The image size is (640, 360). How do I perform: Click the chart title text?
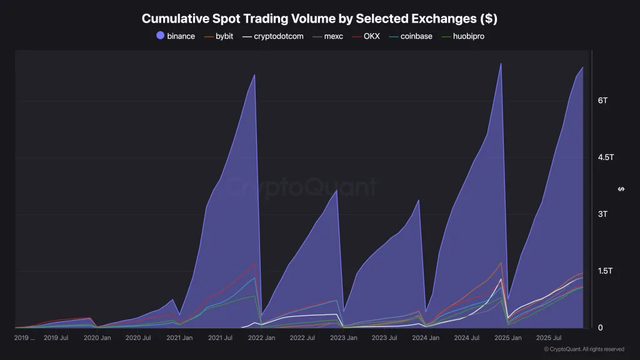coord(319,19)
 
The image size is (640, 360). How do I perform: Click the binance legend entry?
coord(176,36)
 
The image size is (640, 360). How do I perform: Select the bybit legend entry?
coord(219,36)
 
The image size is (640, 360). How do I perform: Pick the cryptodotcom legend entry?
coord(273,36)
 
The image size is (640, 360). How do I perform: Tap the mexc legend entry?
coord(327,36)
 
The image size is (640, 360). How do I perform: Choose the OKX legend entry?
coord(366,36)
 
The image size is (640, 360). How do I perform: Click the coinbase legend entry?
coord(411,36)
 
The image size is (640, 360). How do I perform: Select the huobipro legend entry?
coord(463,36)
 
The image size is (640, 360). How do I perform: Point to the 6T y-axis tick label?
coord(603,101)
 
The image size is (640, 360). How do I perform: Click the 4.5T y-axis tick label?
coord(606,157)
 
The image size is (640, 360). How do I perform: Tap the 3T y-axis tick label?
coord(603,214)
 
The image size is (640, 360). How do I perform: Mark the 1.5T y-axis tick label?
coord(605,271)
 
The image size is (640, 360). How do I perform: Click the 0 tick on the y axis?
coord(601,327)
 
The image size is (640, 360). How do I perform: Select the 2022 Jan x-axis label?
coord(262,338)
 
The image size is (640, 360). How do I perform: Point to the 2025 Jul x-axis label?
coord(549,338)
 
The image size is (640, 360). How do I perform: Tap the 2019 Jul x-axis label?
coord(56,338)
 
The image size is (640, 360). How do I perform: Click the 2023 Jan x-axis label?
coord(344,338)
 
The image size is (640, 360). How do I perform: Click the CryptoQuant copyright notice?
coord(584,349)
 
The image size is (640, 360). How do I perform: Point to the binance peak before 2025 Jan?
coord(501,64)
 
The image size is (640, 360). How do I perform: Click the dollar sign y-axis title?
coord(621,189)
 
